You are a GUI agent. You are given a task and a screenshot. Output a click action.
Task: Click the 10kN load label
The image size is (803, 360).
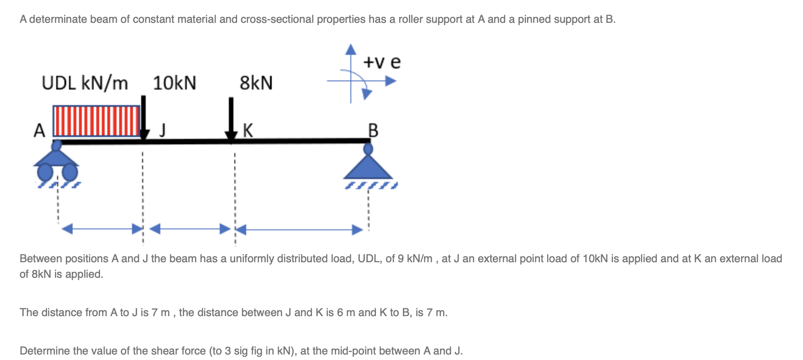point(174,83)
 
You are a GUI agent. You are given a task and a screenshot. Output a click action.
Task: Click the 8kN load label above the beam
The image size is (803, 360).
point(256,83)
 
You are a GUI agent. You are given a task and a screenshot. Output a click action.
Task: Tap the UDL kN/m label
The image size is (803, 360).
point(85,83)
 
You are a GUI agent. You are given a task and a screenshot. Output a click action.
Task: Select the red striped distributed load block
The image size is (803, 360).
point(96,121)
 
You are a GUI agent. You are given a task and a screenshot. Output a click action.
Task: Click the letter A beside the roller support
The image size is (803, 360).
point(40,131)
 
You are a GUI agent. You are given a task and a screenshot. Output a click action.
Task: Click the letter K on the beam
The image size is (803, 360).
point(248,130)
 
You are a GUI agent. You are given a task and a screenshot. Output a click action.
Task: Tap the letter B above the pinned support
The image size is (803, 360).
point(373,131)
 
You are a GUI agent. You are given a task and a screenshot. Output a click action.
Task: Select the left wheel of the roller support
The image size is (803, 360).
point(45,172)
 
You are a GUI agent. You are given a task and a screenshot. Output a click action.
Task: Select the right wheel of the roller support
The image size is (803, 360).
point(69,172)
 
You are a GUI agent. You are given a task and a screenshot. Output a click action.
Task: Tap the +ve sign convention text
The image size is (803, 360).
point(382,62)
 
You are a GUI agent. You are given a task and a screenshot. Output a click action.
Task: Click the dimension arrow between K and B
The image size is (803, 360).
point(299,229)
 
